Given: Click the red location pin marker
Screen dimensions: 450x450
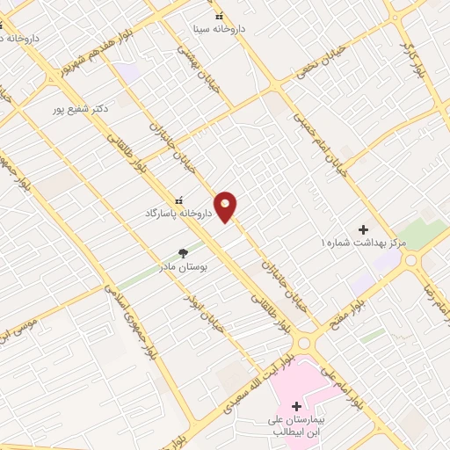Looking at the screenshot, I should pyautogui.click(x=227, y=207).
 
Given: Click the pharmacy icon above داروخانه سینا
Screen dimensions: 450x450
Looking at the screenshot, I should pyautogui.click(x=219, y=16).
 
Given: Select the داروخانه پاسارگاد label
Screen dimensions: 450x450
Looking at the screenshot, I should pyautogui.click(x=174, y=213).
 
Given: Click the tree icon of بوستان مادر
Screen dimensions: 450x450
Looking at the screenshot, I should pyautogui.click(x=184, y=253).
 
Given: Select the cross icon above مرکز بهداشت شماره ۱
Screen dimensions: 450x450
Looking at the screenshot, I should pyautogui.click(x=363, y=229).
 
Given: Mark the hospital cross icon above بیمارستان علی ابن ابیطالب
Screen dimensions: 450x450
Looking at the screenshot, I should pyautogui.click(x=296, y=406).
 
